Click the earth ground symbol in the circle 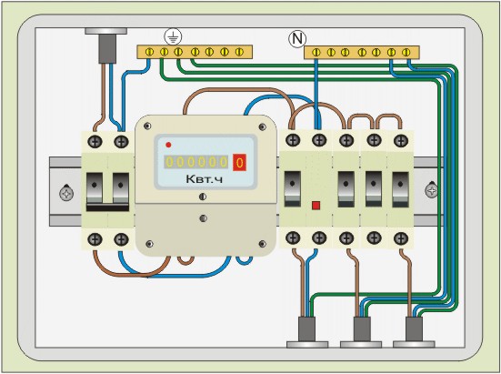(173, 36)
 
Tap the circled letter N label (297, 39)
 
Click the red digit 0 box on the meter (239, 162)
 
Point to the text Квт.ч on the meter (205, 179)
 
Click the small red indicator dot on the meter (169, 145)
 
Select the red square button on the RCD (316, 206)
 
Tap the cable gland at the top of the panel (106, 45)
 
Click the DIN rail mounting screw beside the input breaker (66, 193)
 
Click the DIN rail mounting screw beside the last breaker (432, 190)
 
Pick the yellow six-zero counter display (196, 162)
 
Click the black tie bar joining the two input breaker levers (107, 207)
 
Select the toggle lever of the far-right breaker (401, 189)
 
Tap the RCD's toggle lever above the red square (293, 188)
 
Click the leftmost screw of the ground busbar (149, 52)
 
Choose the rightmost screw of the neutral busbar (406, 52)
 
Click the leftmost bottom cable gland (307, 332)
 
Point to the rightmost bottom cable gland (414, 332)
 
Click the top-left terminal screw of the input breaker (95, 141)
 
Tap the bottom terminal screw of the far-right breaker (401, 238)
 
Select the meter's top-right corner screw (263, 126)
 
